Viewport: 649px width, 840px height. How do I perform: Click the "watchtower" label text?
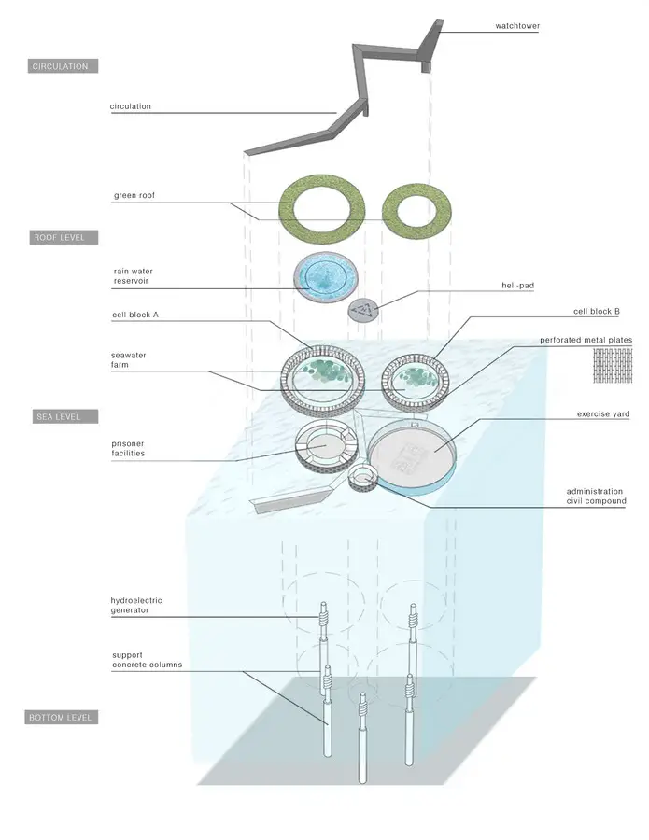point(517,26)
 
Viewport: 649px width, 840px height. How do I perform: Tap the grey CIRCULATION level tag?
point(63,66)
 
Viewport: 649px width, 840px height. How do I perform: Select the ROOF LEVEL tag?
point(63,237)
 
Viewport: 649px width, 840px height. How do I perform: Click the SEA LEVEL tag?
point(65,416)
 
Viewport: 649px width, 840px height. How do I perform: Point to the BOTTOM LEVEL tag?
point(62,717)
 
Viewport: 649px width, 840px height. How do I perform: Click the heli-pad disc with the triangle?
point(363,310)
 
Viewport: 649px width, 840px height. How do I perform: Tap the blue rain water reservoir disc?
point(325,277)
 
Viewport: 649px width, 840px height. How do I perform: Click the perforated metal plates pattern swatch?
point(613,365)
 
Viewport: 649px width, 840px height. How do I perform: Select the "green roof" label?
point(134,196)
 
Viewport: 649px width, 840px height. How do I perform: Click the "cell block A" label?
point(135,315)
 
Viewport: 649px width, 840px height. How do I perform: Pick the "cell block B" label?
point(597,311)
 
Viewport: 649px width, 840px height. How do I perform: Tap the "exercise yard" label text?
point(603,414)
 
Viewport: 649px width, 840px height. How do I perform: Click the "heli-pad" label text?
point(517,286)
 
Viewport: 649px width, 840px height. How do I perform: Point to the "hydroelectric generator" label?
point(136,606)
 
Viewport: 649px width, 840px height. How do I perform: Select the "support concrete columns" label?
point(147,660)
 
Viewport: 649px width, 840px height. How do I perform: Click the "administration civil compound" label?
point(596,497)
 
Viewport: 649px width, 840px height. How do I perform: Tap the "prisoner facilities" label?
point(128,448)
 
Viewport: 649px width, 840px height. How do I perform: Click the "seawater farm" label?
point(129,360)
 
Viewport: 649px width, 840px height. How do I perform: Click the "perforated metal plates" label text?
point(586,340)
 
